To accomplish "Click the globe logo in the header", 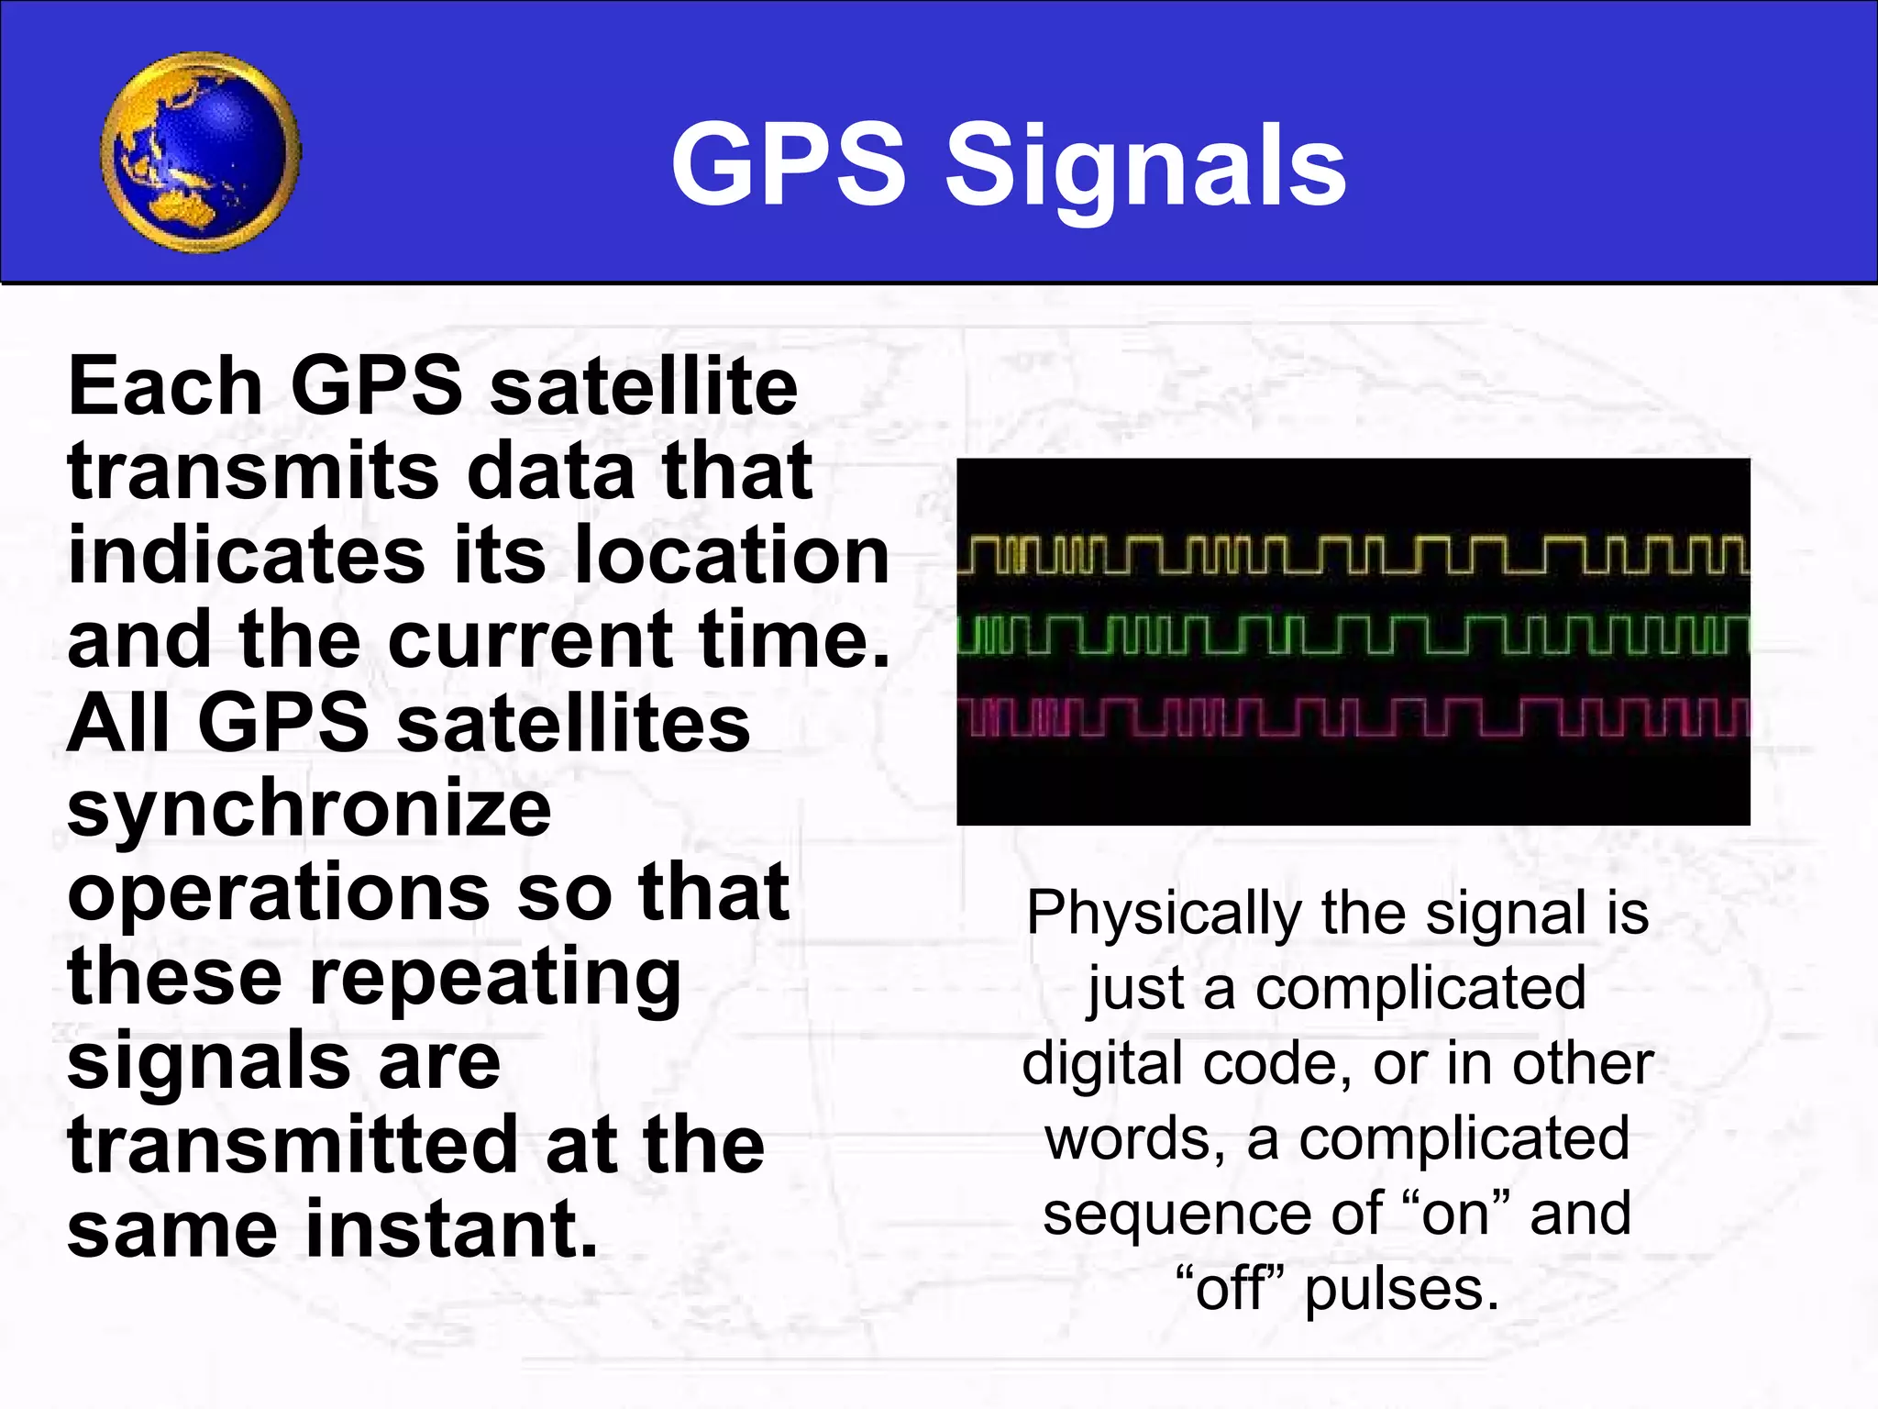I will (200, 152).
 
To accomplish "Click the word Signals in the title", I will (1145, 167).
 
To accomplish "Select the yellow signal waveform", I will (1353, 556).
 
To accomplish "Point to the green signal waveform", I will (1353, 636).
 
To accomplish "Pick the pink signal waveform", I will (1353, 716).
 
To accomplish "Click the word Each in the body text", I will (165, 387).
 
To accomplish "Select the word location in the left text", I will (732, 556).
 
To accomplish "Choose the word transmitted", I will (293, 1146).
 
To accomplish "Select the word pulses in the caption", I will (1402, 1290).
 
